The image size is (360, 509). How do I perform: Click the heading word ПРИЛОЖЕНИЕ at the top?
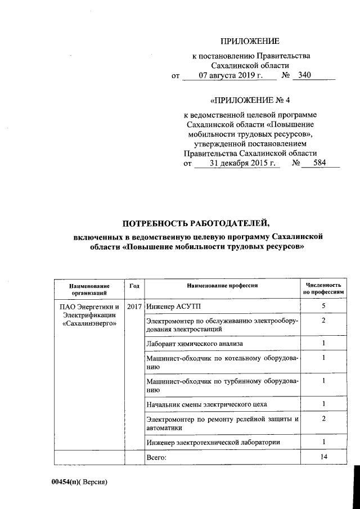coord(249,41)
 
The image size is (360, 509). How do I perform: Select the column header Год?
coord(134,285)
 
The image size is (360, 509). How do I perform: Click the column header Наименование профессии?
coord(222,286)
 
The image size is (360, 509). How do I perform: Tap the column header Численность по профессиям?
coord(323,289)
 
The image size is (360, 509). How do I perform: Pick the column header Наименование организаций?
coord(89,289)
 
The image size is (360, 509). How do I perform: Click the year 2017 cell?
coord(134,307)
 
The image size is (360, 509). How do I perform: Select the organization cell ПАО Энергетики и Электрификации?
coord(89,316)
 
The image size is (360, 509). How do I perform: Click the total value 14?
coord(323,458)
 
